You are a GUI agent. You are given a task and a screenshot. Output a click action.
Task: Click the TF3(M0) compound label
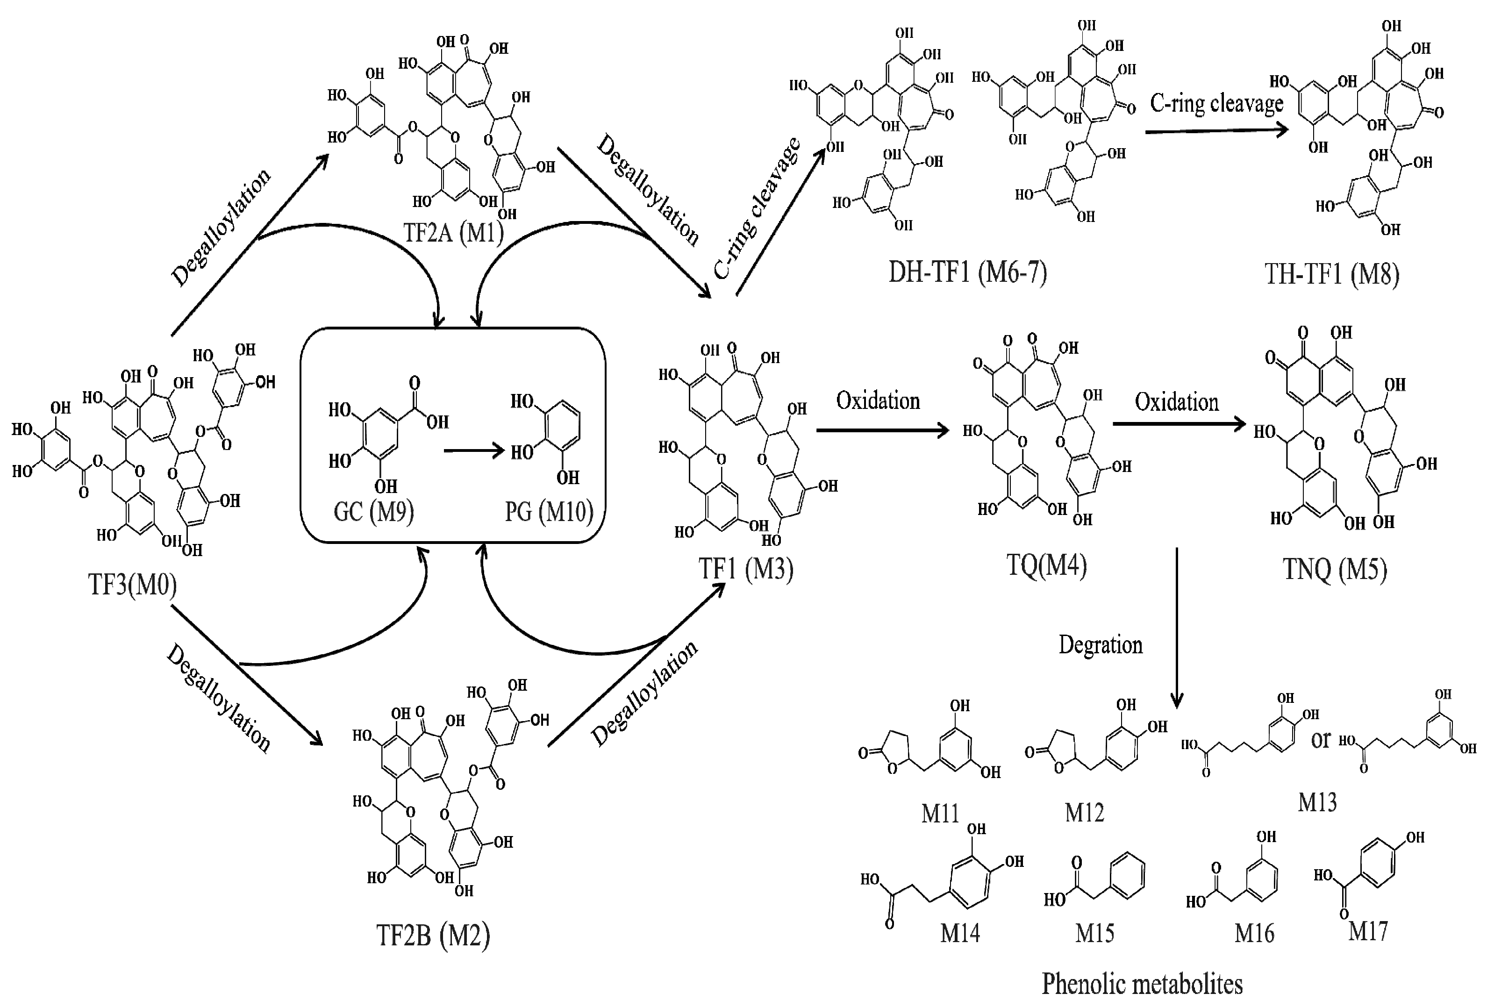132,584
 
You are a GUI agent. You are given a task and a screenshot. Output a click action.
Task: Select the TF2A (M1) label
453,232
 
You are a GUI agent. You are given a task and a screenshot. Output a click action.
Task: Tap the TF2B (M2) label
433,935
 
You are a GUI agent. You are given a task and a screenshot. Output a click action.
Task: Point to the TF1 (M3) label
745,568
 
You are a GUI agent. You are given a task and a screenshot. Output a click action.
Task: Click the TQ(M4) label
1046,565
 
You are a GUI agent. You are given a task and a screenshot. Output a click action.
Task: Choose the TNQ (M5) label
1335,568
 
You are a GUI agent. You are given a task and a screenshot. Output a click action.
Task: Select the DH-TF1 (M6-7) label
967,272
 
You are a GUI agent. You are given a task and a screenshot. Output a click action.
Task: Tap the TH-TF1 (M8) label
1331,274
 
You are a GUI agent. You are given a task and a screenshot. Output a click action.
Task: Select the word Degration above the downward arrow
1101,644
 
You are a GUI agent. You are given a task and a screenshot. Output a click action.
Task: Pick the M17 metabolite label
1368,930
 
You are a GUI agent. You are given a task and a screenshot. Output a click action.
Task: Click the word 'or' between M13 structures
1321,740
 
